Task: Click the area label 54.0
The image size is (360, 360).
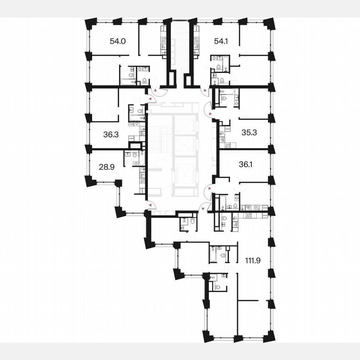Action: tap(117, 41)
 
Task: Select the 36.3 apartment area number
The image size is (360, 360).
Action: tap(111, 135)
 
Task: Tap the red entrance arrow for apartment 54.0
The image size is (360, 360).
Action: tap(156, 90)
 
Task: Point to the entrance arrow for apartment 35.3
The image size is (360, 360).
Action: tap(210, 113)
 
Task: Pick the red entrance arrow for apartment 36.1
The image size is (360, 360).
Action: tap(205, 189)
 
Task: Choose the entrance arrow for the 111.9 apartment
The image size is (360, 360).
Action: tap(202, 207)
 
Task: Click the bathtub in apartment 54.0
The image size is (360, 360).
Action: tap(125, 82)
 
